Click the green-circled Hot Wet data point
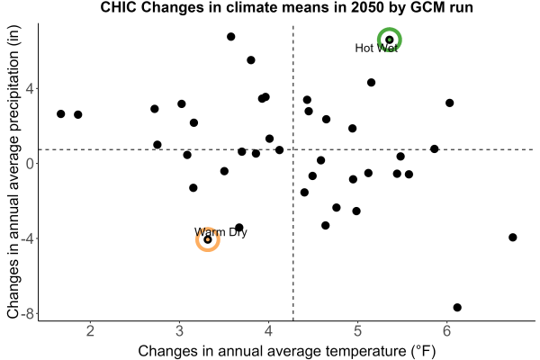point(390,40)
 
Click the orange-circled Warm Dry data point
point(208,239)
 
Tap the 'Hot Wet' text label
point(376,48)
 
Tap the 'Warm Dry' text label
point(220,232)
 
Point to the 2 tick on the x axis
point(90,331)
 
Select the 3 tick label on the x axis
point(179,331)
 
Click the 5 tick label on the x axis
point(357,331)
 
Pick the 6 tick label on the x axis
point(446,331)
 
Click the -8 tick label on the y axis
point(27,314)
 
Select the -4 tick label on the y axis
point(27,238)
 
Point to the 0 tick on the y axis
point(31,163)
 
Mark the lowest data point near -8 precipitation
point(457,307)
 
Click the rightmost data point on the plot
point(513,237)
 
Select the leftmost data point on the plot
point(61,113)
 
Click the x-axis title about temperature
point(287,351)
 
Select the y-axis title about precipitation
point(13,172)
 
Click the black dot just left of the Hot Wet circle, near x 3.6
point(231,37)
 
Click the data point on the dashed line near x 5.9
point(435,148)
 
